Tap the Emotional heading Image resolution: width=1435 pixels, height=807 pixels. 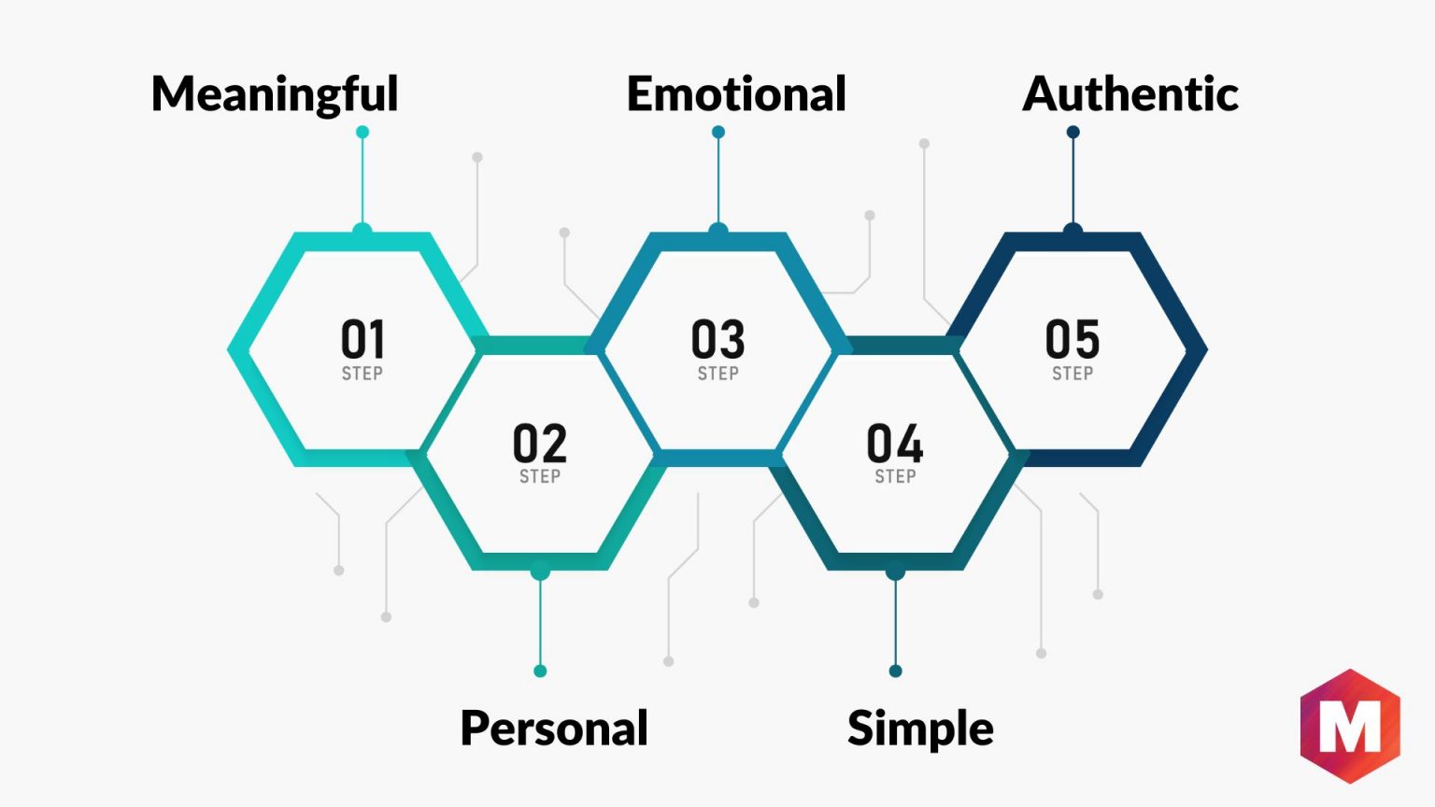click(737, 93)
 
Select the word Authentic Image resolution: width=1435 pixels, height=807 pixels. click(1130, 93)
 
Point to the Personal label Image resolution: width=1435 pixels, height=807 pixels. click(554, 729)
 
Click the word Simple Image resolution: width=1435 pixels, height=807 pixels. click(920, 729)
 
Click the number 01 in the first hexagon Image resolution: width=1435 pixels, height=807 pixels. click(362, 339)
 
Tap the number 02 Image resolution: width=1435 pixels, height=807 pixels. click(540, 443)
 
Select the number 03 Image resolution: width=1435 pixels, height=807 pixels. click(718, 339)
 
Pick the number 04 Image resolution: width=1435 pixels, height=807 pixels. click(895, 443)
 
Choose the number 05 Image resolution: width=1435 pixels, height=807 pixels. click(1073, 339)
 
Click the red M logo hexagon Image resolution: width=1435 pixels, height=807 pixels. click(1350, 727)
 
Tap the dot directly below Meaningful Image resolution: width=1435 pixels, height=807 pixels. click(362, 132)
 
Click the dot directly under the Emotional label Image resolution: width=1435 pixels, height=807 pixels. click(718, 132)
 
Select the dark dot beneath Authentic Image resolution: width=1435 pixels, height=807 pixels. click(1073, 132)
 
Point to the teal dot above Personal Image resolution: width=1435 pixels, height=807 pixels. click(540, 672)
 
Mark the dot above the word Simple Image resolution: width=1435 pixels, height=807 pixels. click(896, 672)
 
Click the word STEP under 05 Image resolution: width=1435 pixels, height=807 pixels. click(1073, 374)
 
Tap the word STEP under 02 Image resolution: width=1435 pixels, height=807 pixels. click(540, 476)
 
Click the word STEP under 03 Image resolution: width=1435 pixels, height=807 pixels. click(718, 374)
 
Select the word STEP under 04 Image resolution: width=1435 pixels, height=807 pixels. click(896, 476)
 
